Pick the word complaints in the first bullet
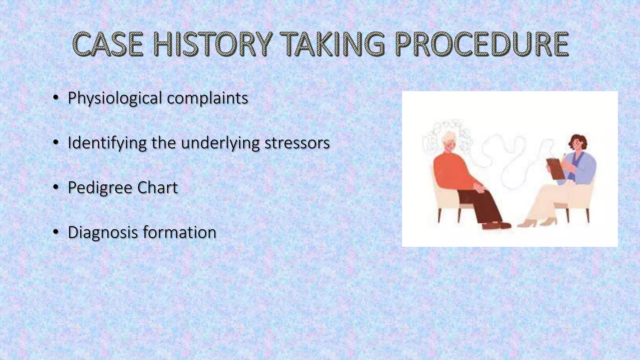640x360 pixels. click(x=207, y=98)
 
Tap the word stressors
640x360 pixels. click(x=297, y=143)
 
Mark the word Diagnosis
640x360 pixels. click(x=103, y=232)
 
